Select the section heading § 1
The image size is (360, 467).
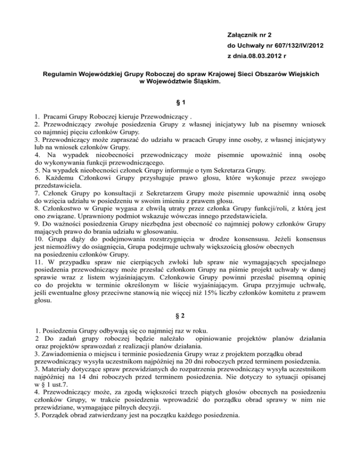pyautogui.click(x=180, y=101)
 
